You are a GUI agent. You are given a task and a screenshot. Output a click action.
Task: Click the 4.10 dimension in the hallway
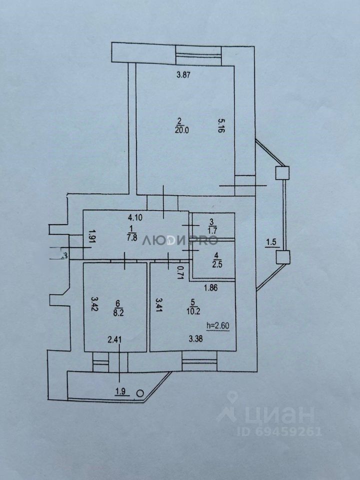click(x=135, y=218)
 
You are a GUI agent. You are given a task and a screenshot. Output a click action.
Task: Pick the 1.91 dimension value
click(x=91, y=236)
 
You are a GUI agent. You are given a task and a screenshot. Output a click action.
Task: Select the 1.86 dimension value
click(x=210, y=288)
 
